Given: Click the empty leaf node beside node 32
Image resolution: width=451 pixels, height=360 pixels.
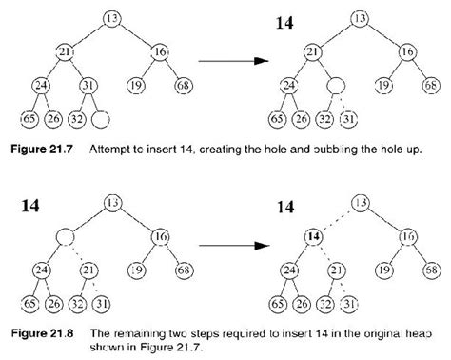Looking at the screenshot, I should click(x=101, y=120).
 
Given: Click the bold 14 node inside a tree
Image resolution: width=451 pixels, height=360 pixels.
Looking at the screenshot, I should click(x=310, y=236).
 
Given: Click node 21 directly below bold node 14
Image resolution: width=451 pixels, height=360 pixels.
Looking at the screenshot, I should click(x=335, y=270).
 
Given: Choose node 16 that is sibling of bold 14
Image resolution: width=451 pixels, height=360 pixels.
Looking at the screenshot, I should click(x=405, y=236).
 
